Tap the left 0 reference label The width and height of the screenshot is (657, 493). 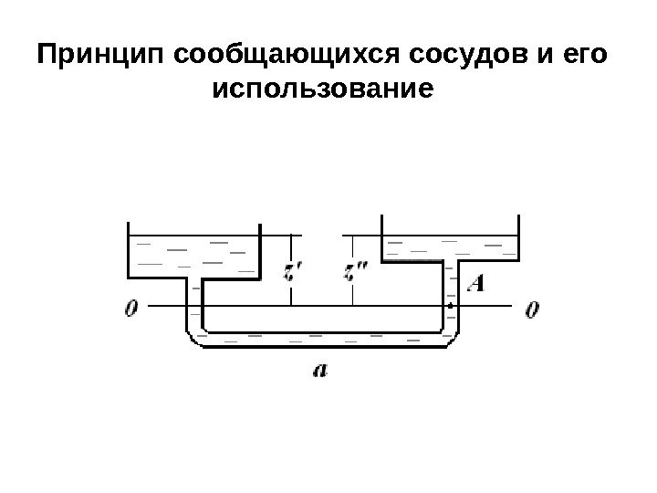pyautogui.click(x=133, y=309)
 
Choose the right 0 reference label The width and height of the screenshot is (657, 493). pyautogui.click(x=532, y=309)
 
